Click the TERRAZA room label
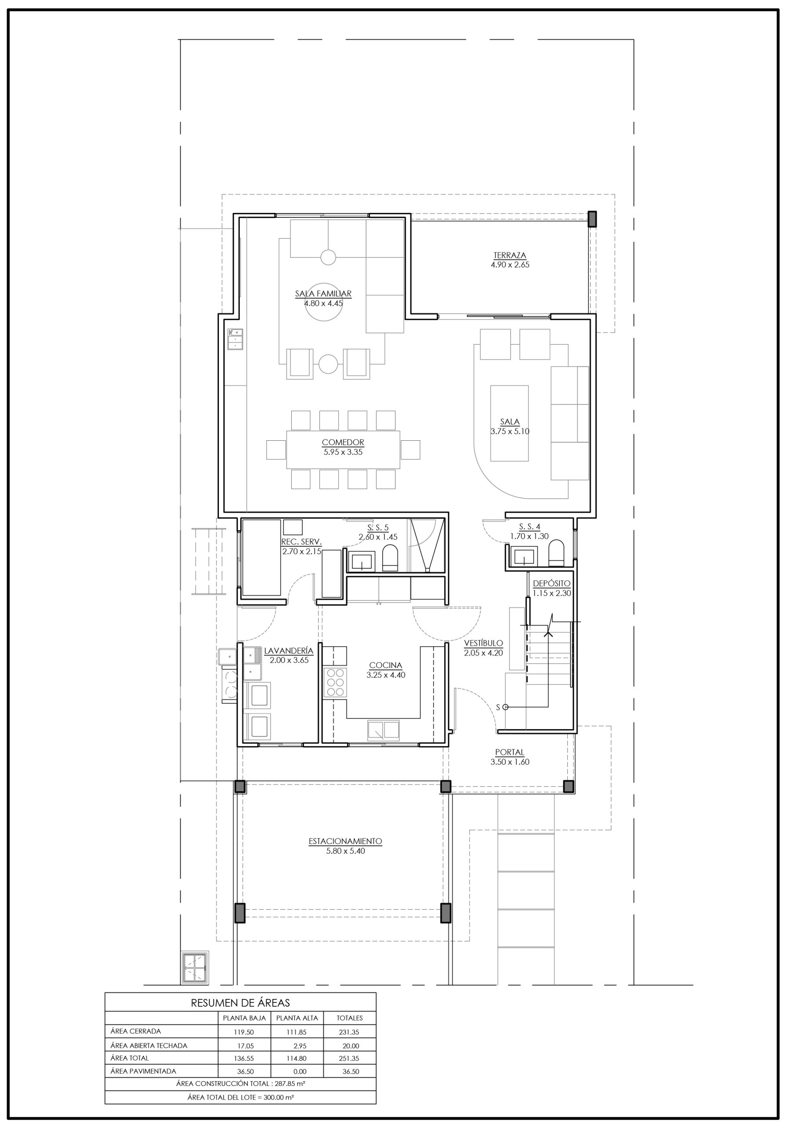510,255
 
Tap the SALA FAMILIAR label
323,294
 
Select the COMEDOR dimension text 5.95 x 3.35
343,452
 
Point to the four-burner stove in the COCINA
335,682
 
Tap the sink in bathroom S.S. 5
361,562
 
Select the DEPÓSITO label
552,584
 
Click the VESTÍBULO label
484,643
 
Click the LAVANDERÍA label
289,651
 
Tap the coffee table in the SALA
510,423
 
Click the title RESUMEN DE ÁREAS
240,1003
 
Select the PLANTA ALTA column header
297,1018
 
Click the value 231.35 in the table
349,1032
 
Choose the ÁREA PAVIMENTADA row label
143,1071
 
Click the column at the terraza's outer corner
592,219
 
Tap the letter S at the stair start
498,707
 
